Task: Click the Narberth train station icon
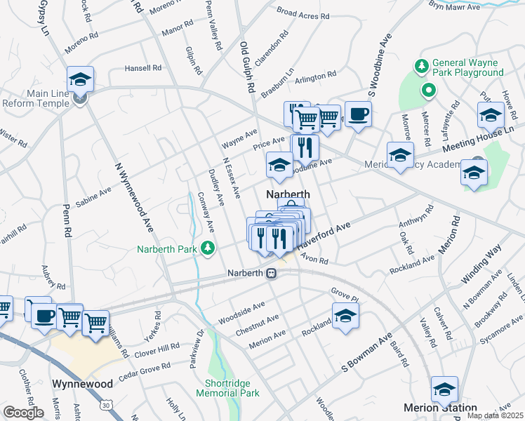point(271,274)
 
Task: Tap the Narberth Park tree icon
point(208,248)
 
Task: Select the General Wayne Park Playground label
point(468,67)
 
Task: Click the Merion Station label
point(441,408)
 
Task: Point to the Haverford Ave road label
point(323,238)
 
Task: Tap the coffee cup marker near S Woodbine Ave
point(358,114)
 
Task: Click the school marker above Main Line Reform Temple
point(81,80)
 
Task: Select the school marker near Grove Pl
point(345,316)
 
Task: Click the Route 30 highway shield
point(106,405)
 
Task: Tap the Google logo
point(23,413)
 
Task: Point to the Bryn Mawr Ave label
point(454,6)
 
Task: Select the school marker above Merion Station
point(444,389)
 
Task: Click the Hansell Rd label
point(143,69)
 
